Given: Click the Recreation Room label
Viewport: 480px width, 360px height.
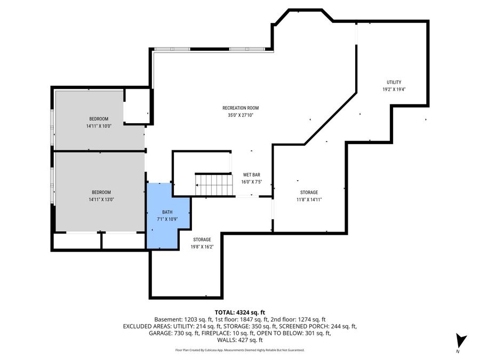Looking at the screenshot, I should [x=240, y=108].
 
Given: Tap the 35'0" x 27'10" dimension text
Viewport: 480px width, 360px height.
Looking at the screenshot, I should [x=240, y=115].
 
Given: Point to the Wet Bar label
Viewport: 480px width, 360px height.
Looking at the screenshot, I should [x=251, y=174].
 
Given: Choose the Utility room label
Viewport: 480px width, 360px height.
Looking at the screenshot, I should [x=394, y=82].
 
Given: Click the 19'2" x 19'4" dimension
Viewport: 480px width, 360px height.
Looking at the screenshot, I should [x=394, y=90].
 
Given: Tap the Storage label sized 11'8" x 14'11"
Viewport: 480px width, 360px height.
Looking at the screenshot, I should [x=309, y=192].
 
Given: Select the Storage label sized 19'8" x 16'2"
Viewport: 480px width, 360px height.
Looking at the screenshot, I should [x=202, y=239].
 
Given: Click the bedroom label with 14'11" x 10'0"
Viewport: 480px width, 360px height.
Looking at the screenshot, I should [x=99, y=118].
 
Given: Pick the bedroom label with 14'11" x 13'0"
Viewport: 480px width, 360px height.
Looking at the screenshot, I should [x=101, y=192].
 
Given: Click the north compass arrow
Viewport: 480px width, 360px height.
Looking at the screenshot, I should [x=461, y=341].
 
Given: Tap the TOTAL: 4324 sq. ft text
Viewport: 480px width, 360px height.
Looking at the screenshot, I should [x=239, y=312].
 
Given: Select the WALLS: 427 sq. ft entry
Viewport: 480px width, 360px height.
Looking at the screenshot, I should [x=239, y=340].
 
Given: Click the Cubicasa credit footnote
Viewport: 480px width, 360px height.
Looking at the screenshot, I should [x=239, y=350].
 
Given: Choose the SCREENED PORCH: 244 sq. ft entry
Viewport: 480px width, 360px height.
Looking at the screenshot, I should [x=326, y=326].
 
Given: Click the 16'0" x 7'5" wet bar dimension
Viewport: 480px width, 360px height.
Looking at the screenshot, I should [x=251, y=181].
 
